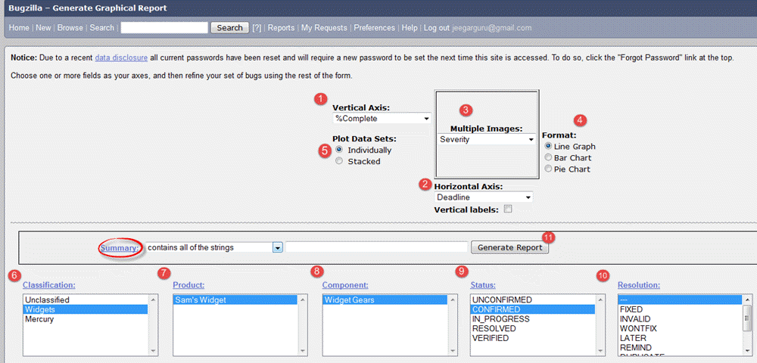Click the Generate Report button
pos(510,247)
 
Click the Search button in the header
pos(229,28)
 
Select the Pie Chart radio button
pos(549,169)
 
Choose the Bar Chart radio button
pos(549,158)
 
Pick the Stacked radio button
pos(339,161)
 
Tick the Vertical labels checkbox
pos(508,209)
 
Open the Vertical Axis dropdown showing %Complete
pos(382,119)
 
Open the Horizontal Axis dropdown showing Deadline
pos(484,197)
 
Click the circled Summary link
pos(120,247)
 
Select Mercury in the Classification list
pos(39,319)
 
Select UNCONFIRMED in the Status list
pos(501,299)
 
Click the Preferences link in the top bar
pos(374,28)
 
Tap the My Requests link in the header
pos(326,28)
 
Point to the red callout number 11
pos(549,237)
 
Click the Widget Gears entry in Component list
pos(349,299)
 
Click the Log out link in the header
pos(437,28)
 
